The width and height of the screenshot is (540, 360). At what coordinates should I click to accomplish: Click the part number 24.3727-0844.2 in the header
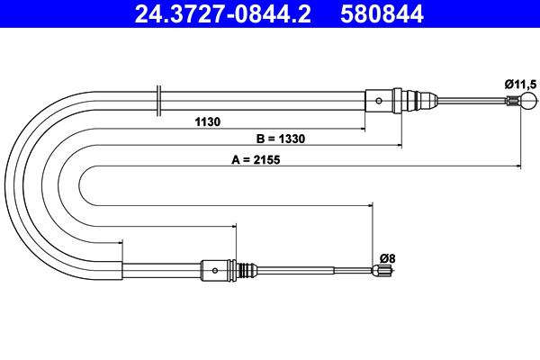coord(222,14)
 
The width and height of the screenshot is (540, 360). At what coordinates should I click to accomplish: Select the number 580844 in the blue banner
coord(382,14)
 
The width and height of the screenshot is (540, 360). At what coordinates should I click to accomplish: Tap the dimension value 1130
coord(207,122)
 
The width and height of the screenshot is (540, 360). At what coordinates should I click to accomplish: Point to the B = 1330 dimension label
coord(281,139)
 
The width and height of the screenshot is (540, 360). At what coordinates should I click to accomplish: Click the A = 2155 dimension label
coord(256,160)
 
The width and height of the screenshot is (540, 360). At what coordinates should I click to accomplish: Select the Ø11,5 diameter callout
coord(520,84)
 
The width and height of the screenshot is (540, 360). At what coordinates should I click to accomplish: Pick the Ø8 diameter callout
coord(387,258)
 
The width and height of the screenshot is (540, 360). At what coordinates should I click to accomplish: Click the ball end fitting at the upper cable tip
coord(528,101)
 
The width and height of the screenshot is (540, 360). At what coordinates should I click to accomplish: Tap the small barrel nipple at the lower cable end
coord(382,270)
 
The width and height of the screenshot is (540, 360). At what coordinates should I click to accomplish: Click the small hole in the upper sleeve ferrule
coord(379,101)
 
